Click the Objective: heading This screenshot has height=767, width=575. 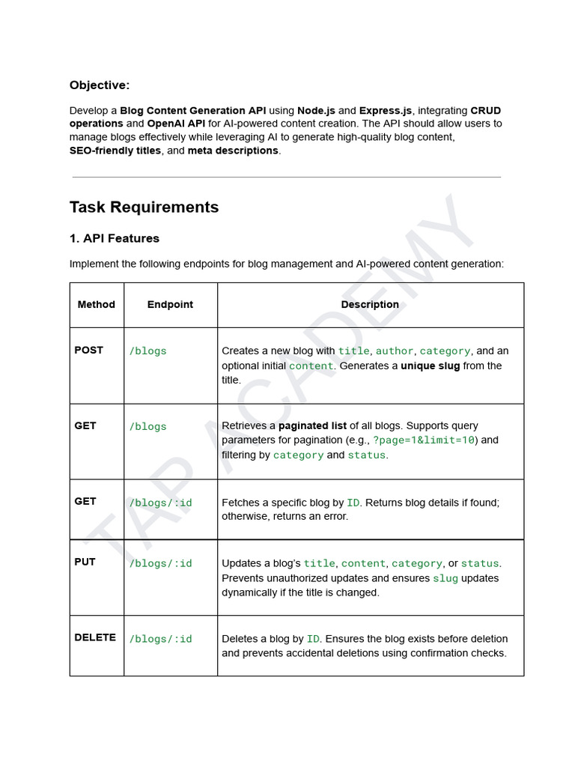click(100, 85)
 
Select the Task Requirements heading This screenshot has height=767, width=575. click(144, 207)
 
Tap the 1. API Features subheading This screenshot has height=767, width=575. click(114, 239)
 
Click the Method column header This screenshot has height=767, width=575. click(97, 305)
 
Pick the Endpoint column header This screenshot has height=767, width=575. click(170, 305)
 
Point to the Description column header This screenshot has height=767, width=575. click(370, 305)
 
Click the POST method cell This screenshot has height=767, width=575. click(89, 350)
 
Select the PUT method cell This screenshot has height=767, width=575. click(85, 562)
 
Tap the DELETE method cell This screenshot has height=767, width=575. click(95, 637)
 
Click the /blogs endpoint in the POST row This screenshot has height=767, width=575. click(147, 351)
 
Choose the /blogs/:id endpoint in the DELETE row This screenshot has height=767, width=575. click(160, 639)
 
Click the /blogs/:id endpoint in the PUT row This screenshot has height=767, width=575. click(160, 563)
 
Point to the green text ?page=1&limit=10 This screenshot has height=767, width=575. click(425, 440)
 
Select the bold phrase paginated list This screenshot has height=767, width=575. click(312, 425)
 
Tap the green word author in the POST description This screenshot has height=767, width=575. click(394, 351)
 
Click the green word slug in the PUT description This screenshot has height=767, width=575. click(445, 578)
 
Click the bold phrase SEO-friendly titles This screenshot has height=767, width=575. click(115, 151)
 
